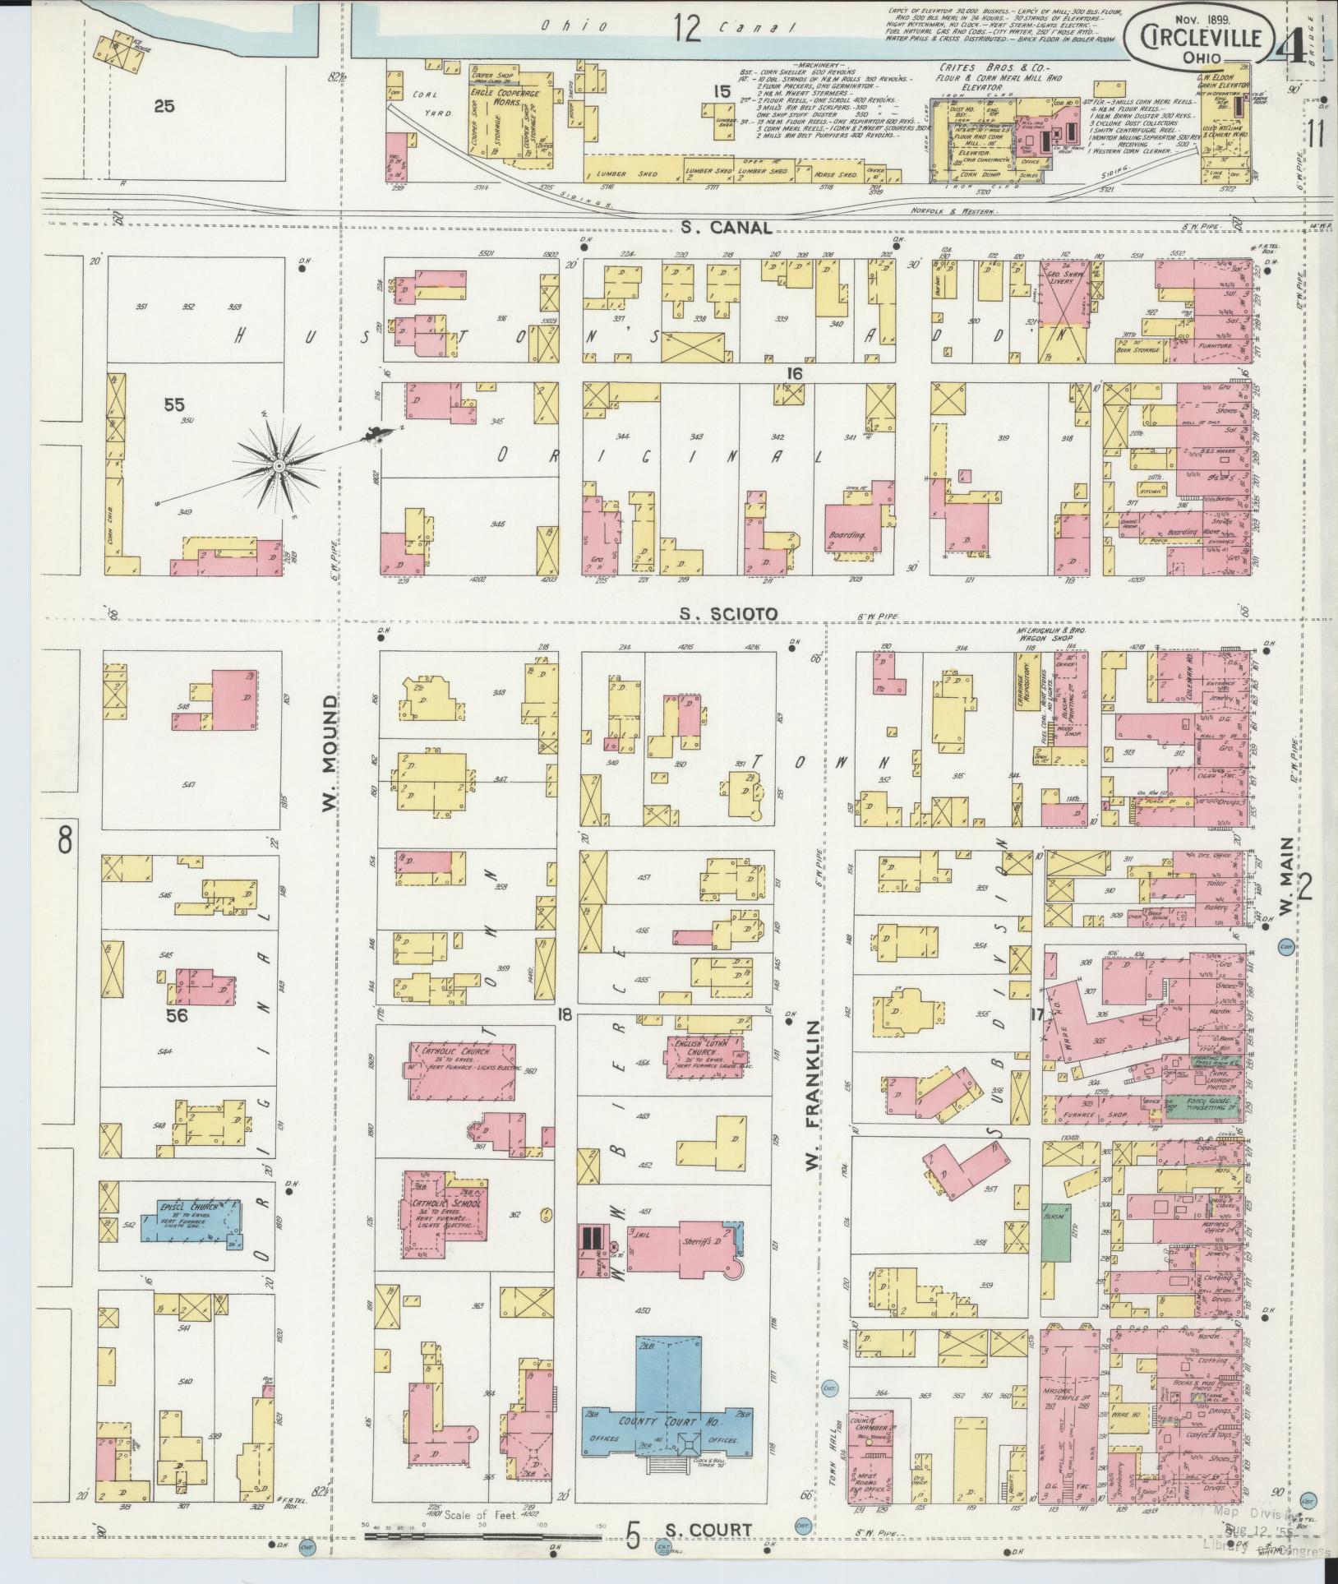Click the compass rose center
click(x=279, y=466)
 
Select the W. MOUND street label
click(x=330, y=754)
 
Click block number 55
click(x=174, y=404)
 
